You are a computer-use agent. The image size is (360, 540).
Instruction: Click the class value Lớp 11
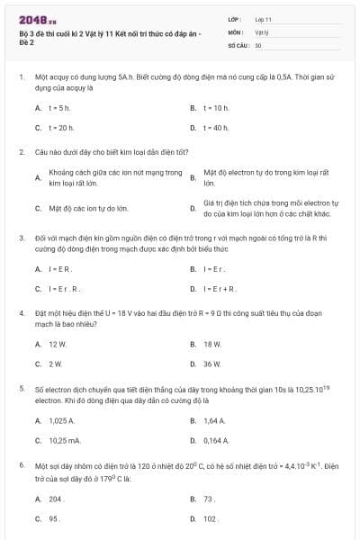click(263, 18)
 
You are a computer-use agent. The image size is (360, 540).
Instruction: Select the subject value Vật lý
click(262, 31)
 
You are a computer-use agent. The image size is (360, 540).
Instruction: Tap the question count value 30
click(258, 44)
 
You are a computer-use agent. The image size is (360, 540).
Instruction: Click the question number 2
click(21, 152)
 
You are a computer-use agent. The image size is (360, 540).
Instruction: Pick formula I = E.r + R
click(220, 289)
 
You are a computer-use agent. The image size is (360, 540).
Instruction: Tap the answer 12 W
click(58, 344)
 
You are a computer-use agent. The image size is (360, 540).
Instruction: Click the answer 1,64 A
click(214, 420)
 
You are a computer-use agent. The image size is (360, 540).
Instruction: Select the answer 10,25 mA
click(64, 440)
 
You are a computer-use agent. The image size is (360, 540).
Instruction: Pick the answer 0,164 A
click(216, 440)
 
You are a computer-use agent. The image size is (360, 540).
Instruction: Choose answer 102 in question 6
click(211, 518)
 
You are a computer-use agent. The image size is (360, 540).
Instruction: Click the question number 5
click(21, 387)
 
